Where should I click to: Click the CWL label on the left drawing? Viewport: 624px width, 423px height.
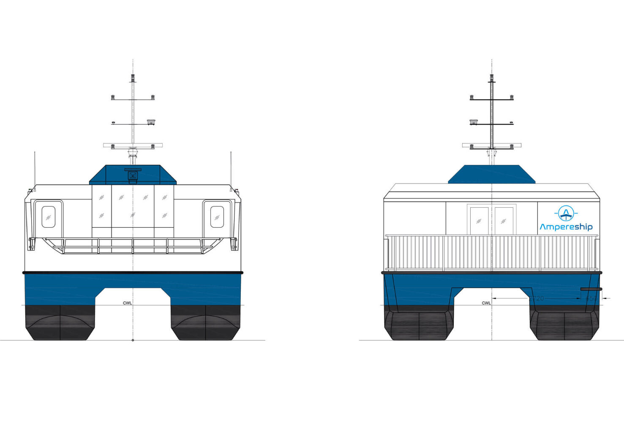(x=127, y=303)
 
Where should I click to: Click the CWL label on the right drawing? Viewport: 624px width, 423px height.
(x=486, y=303)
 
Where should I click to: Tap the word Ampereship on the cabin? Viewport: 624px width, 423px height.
(x=566, y=227)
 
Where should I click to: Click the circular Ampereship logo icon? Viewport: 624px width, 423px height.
(x=566, y=213)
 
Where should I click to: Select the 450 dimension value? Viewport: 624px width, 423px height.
(x=591, y=298)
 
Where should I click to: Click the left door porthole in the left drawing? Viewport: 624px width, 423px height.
(x=48, y=217)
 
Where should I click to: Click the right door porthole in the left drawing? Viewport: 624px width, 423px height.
(x=217, y=217)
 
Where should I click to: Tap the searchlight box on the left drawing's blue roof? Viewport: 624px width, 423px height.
(x=133, y=175)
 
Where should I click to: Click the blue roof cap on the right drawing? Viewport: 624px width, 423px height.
(x=491, y=174)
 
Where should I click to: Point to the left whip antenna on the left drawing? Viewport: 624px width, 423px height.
(x=35, y=169)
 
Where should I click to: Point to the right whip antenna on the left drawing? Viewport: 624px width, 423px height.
(x=231, y=169)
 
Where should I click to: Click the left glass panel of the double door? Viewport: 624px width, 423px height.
(x=479, y=220)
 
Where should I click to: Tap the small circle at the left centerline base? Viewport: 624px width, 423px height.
(x=133, y=340)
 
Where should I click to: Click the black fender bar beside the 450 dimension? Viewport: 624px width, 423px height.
(x=591, y=289)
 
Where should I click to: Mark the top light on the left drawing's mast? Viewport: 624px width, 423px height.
(x=133, y=77)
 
